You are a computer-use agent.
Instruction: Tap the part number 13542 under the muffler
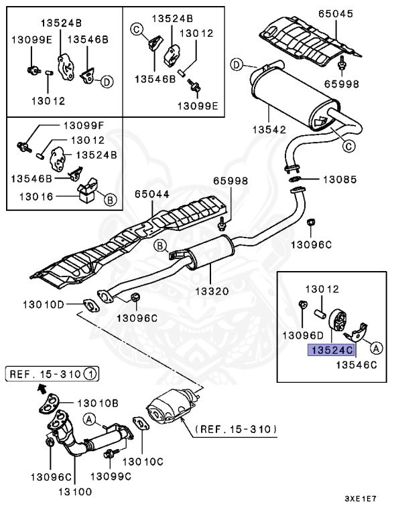[268, 129]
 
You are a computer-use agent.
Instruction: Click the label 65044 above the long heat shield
[151, 194]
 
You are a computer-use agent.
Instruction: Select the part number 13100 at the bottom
[75, 491]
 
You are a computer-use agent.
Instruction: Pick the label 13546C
[357, 365]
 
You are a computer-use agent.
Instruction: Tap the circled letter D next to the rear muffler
[236, 64]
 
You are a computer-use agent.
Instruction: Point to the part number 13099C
[111, 475]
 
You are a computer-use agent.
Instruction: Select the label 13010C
[143, 461]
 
